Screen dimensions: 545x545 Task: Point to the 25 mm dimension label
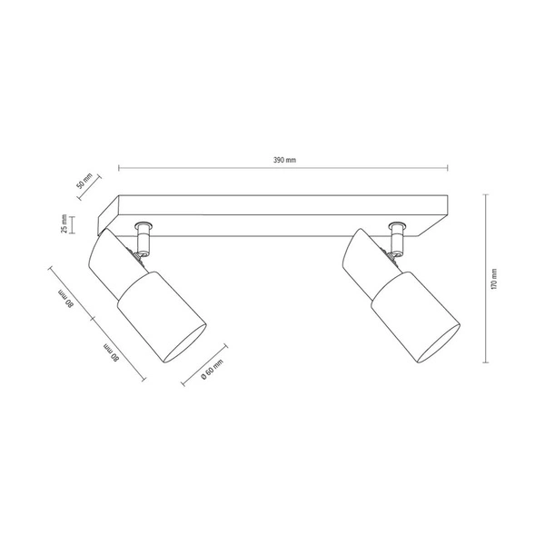64,223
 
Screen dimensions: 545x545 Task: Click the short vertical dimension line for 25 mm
73,223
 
